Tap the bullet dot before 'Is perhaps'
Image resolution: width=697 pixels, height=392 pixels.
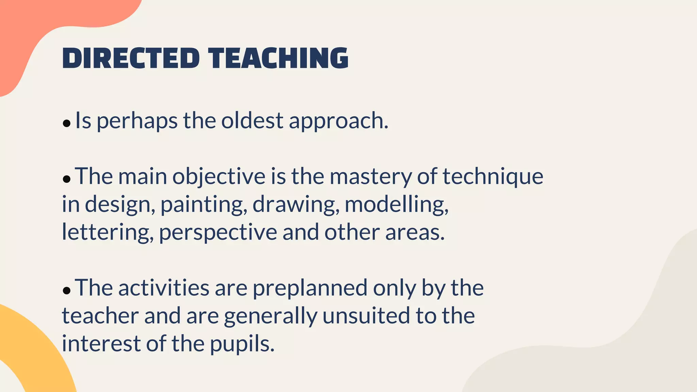pyautogui.click(x=67, y=123)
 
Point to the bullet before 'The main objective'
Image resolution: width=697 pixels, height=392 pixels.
pyautogui.click(x=67, y=179)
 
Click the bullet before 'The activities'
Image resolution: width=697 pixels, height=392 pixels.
pyautogui.click(x=67, y=290)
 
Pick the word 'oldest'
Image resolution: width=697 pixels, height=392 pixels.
pyautogui.click(x=252, y=120)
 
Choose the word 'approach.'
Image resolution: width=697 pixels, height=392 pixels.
pyautogui.click(x=339, y=121)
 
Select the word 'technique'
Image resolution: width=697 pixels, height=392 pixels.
pyautogui.click(x=493, y=177)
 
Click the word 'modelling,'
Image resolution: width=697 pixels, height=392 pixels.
pyautogui.click(x=397, y=205)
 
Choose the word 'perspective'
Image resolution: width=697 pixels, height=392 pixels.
pyautogui.click(x=218, y=233)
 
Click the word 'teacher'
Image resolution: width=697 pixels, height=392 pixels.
pyautogui.click(x=100, y=316)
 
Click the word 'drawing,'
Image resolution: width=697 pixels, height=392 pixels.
pyautogui.click(x=296, y=205)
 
